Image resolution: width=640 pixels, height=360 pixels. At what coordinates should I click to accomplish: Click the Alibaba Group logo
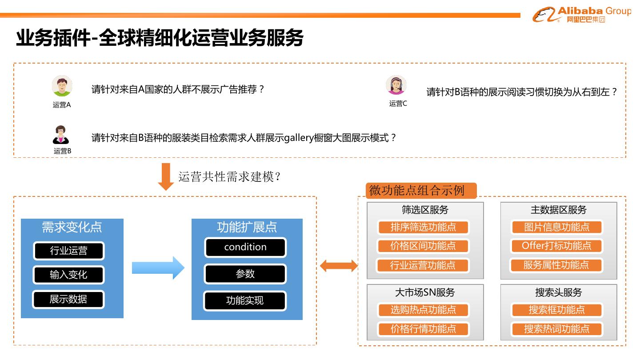pyautogui.click(x=581, y=15)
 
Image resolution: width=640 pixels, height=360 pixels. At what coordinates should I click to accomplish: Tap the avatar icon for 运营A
pyautogui.click(x=62, y=86)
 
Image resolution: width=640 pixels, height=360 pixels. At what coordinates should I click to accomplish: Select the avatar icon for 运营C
pyautogui.click(x=396, y=85)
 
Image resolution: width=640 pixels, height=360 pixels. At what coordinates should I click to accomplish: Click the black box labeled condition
pyautogui.click(x=245, y=248)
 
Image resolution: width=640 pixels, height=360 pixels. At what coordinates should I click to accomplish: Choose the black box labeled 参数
pyautogui.click(x=245, y=274)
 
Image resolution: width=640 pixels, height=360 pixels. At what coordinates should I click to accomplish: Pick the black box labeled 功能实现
pyautogui.click(x=245, y=301)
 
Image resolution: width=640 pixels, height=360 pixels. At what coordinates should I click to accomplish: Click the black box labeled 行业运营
pyautogui.click(x=68, y=251)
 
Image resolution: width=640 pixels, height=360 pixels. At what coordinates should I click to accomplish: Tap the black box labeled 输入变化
pyautogui.click(x=68, y=275)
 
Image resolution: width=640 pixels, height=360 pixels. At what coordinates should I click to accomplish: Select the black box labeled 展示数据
pyautogui.click(x=68, y=300)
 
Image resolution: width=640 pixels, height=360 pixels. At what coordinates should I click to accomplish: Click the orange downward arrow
pyautogui.click(x=166, y=176)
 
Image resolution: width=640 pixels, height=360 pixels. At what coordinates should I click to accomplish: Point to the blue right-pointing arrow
pyautogui.click(x=158, y=268)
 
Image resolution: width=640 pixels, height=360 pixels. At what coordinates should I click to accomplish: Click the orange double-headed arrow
pyautogui.click(x=339, y=266)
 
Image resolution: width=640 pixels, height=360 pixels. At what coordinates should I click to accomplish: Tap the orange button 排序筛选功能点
pyautogui.click(x=423, y=228)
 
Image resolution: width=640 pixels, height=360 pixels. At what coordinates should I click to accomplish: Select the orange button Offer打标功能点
pyautogui.click(x=556, y=246)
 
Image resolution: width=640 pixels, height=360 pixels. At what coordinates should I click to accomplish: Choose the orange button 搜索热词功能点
pyautogui.click(x=556, y=329)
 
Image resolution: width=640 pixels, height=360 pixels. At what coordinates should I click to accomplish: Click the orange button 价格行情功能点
pyautogui.click(x=423, y=329)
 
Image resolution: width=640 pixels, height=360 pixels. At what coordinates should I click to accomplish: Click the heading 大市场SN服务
pyautogui.click(x=425, y=292)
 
